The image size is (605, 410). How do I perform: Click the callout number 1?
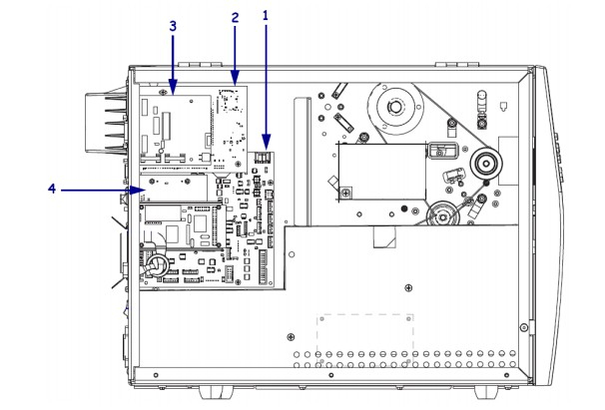coord(266,16)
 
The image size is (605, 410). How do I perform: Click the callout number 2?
coord(235,19)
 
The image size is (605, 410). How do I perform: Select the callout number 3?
coord(173,26)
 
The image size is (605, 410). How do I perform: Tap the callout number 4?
coord(51,187)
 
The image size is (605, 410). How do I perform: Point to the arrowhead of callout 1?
coord(266,146)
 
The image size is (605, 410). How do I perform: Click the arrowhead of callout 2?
coord(235,81)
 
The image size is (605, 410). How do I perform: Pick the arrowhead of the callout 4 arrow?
coord(146,187)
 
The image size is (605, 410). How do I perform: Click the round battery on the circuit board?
coord(157,265)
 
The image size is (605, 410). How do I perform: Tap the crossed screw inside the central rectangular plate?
coord(344,192)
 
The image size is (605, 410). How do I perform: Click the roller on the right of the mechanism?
coord(487,163)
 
